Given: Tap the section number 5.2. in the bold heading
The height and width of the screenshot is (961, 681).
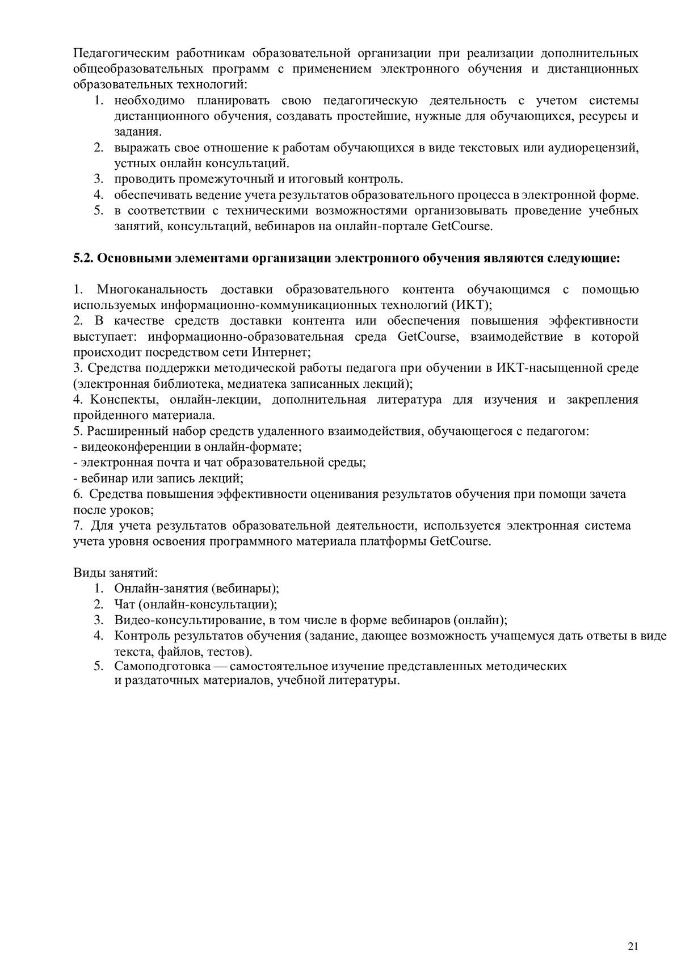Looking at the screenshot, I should pos(83,259).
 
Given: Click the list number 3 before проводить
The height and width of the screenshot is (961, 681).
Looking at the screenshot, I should pos(98,179).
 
